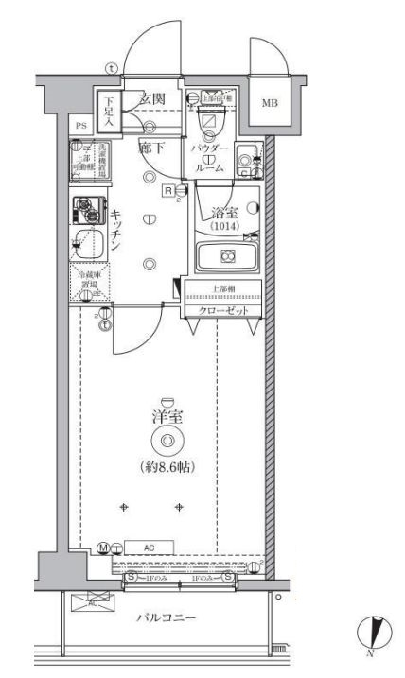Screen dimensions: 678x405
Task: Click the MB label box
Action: pyautogui.click(x=270, y=103)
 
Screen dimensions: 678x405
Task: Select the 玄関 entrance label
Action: pyautogui.click(x=153, y=99)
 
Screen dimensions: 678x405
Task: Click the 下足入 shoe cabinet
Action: pyautogui.click(x=109, y=113)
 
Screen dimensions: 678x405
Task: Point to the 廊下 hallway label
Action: pyautogui.click(x=152, y=148)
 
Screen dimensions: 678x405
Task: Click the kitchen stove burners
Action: pyautogui.click(x=90, y=207)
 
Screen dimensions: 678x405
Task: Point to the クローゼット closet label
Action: pyautogui.click(x=222, y=311)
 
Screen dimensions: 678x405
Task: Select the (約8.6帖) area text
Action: pyautogui.click(x=167, y=466)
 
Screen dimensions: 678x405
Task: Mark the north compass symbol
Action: pyautogui.click(x=375, y=630)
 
